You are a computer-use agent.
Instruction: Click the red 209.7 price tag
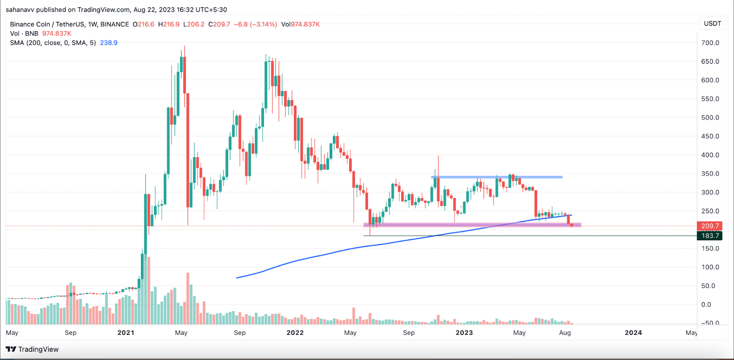tap(710, 226)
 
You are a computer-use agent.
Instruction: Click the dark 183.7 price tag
tap(710, 236)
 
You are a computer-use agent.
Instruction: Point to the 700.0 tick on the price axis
tap(710, 43)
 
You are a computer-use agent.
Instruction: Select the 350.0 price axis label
tap(710, 174)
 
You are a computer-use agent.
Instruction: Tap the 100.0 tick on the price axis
tap(710, 267)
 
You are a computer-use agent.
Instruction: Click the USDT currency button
tap(712, 23)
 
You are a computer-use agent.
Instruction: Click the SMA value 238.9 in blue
tap(109, 43)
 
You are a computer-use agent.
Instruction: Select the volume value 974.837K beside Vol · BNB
tap(56, 33)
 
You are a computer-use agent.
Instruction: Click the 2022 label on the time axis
tap(295, 333)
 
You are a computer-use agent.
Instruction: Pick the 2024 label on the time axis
tap(633, 333)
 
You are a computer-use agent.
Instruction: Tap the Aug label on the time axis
tap(565, 333)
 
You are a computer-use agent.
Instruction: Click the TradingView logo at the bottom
tap(32, 349)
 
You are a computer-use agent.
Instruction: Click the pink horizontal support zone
tap(473, 225)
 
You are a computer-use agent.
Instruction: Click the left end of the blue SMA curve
tap(237, 277)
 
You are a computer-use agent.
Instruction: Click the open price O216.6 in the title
tap(144, 24)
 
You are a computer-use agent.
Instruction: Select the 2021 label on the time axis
tap(126, 333)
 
